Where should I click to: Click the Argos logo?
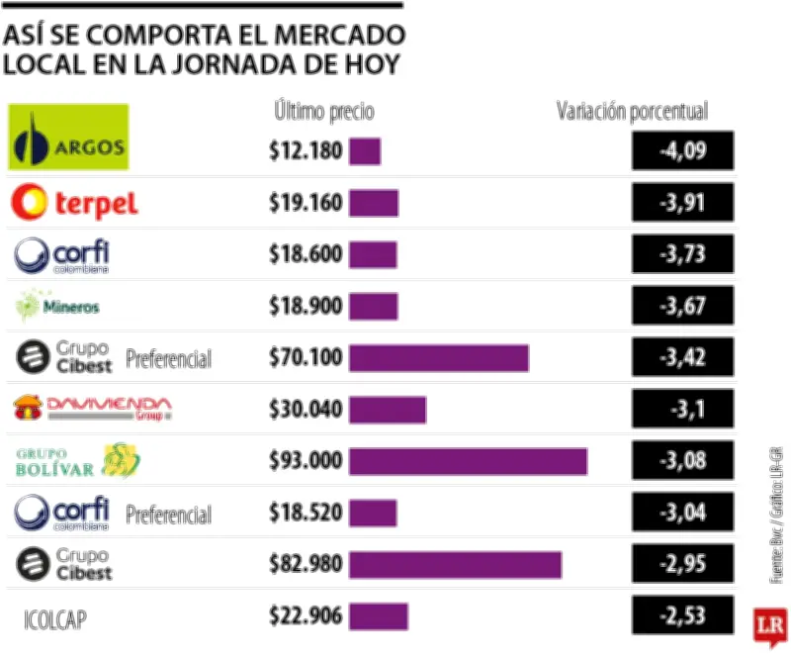(68, 138)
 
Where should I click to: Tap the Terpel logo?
(74, 203)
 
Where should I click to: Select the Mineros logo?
(58, 306)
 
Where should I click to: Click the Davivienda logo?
(92, 408)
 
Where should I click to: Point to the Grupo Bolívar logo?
(78, 461)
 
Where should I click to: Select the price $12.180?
(306, 151)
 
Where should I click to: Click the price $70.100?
(306, 357)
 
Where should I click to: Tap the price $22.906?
(306, 615)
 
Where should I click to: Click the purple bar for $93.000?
(468, 461)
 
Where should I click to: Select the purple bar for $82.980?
(455, 564)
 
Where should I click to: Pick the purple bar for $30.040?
(388, 410)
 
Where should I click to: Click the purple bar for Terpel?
(374, 203)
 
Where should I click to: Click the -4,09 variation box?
(683, 151)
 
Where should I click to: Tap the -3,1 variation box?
(683, 410)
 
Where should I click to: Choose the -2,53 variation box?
(683, 615)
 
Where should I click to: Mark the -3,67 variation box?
(683, 306)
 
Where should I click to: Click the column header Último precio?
(324, 111)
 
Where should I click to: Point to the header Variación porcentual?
(632, 111)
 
